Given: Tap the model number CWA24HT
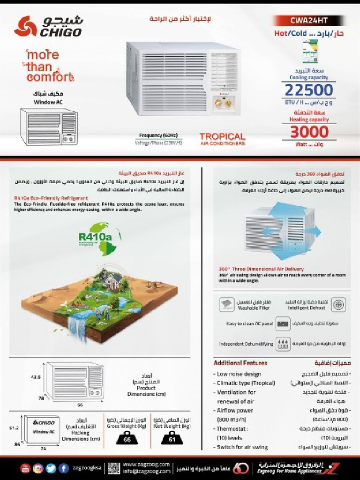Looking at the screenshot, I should (x=309, y=21).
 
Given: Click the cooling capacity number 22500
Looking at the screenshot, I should (x=309, y=90).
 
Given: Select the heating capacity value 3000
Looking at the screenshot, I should (x=309, y=132).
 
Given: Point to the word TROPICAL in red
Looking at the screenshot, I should (x=222, y=136).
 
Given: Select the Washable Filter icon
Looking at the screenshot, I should (x=227, y=305).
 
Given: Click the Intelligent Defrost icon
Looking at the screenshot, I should (x=338, y=305).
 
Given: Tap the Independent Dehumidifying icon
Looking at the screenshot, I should (x=283, y=344).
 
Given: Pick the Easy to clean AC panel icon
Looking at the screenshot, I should (x=283, y=324).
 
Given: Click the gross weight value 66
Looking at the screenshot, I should (x=127, y=440).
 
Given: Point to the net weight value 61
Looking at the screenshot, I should (x=172, y=440).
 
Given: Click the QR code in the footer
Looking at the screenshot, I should (x=114, y=468).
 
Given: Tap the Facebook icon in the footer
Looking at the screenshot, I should (x=64, y=468).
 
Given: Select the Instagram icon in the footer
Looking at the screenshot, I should (x=38, y=468).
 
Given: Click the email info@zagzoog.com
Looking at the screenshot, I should (x=146, y=471).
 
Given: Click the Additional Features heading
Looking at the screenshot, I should (x=240, y=363).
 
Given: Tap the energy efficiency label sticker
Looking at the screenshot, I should (x=310, y=51).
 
